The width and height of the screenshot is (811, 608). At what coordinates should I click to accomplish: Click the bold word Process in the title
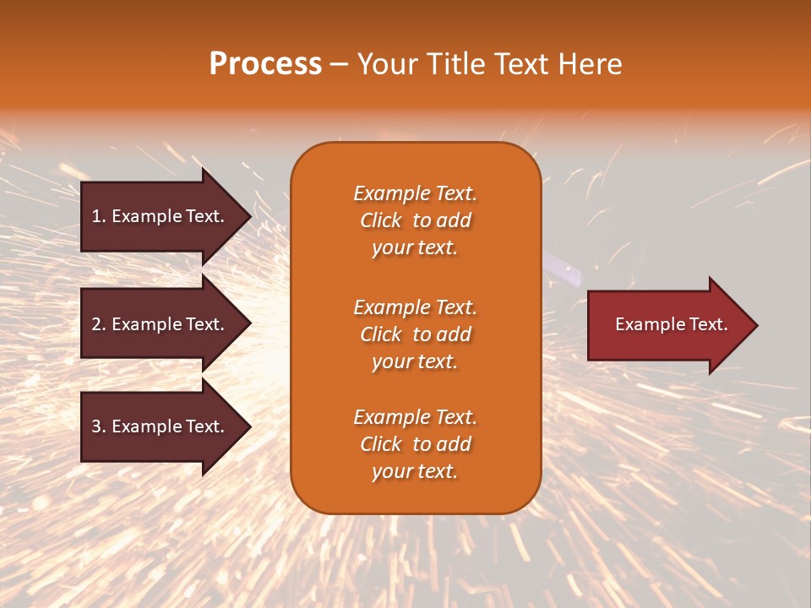click(x=265, y=64)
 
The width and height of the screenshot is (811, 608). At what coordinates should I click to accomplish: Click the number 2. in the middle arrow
click(x=99, y=324)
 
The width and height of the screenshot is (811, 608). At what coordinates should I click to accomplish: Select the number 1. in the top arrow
click(x=99, y=216)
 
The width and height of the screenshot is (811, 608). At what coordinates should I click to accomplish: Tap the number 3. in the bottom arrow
click(x=99, y=426)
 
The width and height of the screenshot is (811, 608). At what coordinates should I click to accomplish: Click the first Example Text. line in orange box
click(x=415, y=193)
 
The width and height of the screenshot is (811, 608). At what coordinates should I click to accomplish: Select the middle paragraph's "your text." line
click(x=415, y=361)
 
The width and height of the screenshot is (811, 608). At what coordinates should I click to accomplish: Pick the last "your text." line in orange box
click(x=415, y=471)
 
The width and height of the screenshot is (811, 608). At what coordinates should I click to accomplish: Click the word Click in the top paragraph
click(x=381, y=220)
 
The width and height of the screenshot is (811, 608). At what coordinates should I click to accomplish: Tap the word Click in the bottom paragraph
click(x=381, y=444)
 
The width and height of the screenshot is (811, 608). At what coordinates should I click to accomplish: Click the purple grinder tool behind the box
click(x=566, y=271)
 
